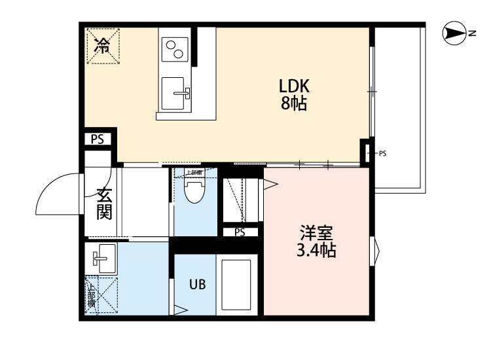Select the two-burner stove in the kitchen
point(174,48)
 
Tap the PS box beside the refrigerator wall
point(98,139)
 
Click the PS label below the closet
point(240,232)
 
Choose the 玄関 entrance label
point(104,204)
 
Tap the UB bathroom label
point(198,285)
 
